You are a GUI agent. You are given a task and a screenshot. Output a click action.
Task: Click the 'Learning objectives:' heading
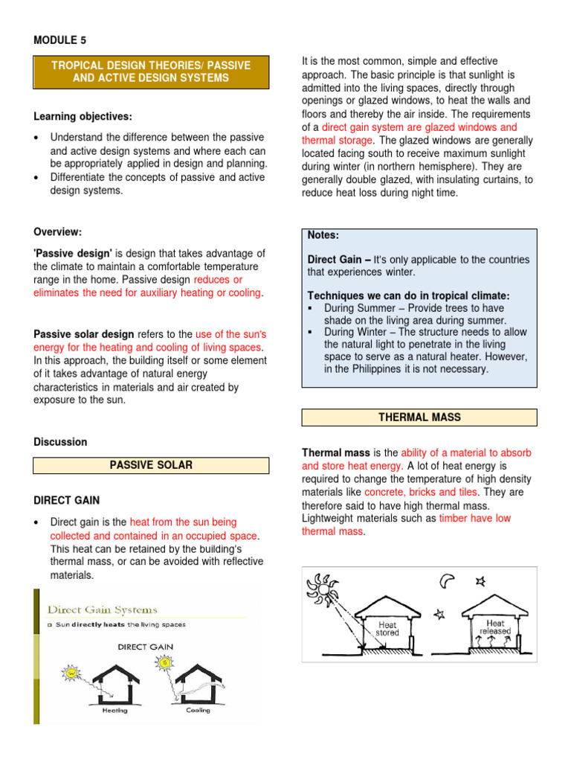(x=83, y=117)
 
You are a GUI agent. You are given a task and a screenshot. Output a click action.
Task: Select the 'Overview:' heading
(x=60, y=231)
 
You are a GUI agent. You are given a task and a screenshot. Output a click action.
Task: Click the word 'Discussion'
(x=60, y=442)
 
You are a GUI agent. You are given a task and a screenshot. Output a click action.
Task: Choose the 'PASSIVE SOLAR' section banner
(x=151, y=465)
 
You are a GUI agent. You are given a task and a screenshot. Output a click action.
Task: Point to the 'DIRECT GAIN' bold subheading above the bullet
(x=67, y=500)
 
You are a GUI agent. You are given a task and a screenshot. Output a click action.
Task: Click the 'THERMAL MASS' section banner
(x=419, y=417)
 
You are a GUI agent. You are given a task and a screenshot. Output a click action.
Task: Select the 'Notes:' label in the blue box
(x=323, y=235)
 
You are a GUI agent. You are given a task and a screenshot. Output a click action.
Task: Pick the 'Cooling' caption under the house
(x=197, y=710)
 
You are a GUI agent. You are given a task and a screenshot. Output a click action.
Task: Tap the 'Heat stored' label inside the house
(x=387, y=630)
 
